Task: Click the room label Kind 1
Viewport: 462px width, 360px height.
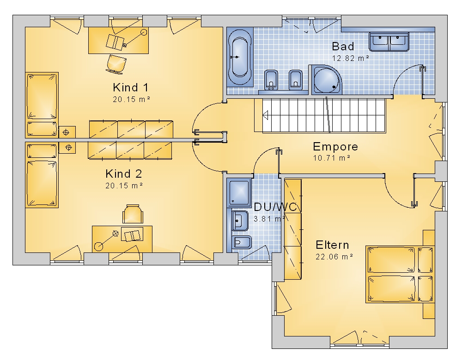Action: (131, 87)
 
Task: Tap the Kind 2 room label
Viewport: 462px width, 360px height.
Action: (124, 174)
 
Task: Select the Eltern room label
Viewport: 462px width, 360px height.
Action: (332, 245)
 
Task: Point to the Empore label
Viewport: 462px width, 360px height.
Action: (335, 147)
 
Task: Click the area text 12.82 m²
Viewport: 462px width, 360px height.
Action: (350, 58)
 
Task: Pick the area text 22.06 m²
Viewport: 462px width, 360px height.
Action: (334, 257)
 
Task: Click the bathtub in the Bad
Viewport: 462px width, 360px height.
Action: (240, 57)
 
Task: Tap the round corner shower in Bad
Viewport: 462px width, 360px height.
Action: (327, 79)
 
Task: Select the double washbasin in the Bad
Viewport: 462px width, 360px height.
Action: (389, 42)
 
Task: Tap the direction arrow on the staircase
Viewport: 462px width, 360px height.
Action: (265, 115)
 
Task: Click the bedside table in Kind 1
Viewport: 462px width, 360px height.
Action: (67, 132)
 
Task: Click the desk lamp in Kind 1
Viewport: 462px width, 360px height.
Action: (134, 38)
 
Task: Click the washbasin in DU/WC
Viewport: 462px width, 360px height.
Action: (240, 221)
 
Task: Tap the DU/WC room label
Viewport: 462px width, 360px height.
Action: (275, 207)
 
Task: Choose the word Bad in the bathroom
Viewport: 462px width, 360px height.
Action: (343, 46)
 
